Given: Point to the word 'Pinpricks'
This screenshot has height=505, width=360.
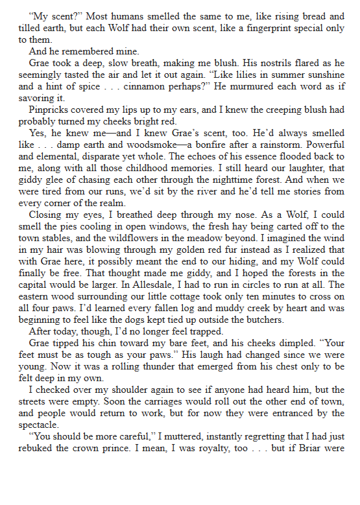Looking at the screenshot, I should point(50,109).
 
